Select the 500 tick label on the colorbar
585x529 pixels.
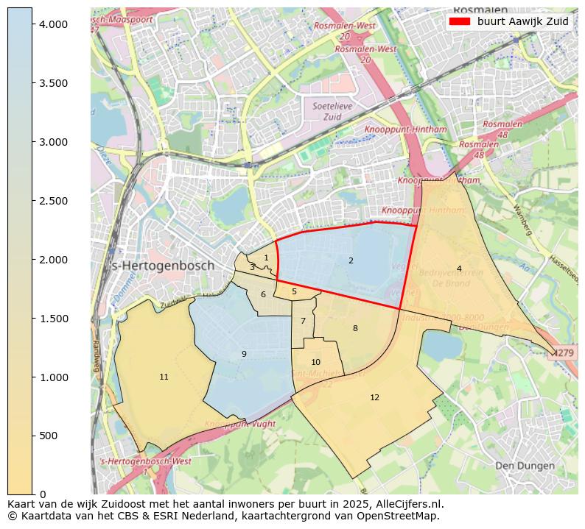(x=48, y=436)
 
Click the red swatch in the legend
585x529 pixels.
(x=458, y=21)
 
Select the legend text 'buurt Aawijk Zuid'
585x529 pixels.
(x=522, y=21)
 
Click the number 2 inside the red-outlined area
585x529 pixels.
(x=351, y=260)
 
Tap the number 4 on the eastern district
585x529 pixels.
(x=459, y=269)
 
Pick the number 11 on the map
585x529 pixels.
(x=164, y=377)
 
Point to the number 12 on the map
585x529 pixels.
(x=374, y=397)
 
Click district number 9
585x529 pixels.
(x=244, y=354)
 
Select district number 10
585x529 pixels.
(x=315, y=362)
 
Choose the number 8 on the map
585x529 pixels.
(x=355, y=328)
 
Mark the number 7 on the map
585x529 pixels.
(x=303, y=321)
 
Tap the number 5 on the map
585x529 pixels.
(x=294, y=291)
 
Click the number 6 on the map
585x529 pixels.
(x=263, y=294)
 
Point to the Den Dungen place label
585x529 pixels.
(x=524, y=466)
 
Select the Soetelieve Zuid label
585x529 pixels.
(x=327, y=111)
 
